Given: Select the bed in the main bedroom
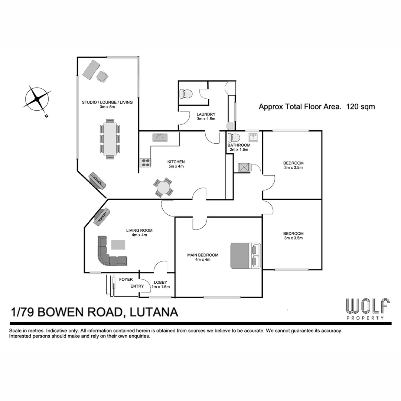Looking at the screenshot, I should [245, 255].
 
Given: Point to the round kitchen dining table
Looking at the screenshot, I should [164, 188].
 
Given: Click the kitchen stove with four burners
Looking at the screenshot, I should [145, 162].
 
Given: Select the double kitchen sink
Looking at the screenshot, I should [160, 138].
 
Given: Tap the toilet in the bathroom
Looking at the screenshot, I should [234, 137].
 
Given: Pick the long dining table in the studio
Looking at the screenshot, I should [110, 139].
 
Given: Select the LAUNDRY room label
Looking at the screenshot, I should [206, 114].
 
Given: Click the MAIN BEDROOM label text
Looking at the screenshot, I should [202, 255].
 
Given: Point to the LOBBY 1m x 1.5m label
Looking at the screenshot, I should [160, 284].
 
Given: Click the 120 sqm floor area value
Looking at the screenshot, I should [360, 107].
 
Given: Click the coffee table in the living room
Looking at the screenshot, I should [118, 245].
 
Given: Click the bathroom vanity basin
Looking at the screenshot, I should [254, 137].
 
